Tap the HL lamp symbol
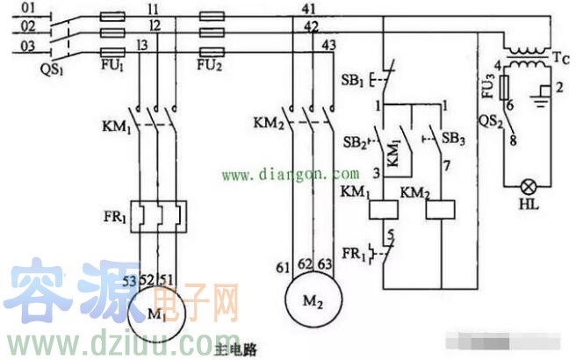point(532,185)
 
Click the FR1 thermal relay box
point(159,213)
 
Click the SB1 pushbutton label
point(352,80)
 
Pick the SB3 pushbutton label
point(453,140)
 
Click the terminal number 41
point(309,8)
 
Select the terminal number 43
point(330,44)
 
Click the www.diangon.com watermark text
point(290,175)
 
